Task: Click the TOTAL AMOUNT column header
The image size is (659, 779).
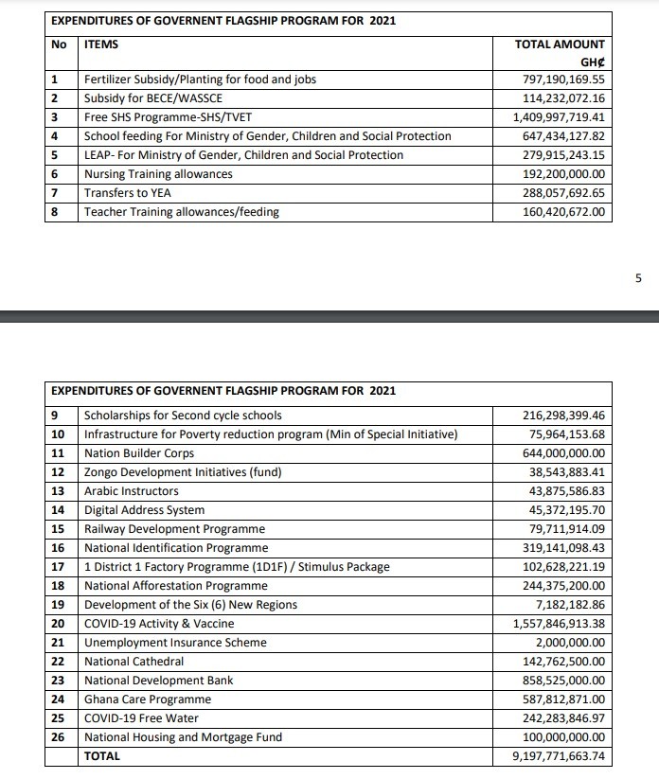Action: [x=559, y=44]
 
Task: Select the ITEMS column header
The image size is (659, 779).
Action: [x=101, y=44]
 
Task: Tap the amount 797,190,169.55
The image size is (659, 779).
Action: [x=564, y=80]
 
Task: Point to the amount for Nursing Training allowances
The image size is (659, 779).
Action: [x=564, y=174]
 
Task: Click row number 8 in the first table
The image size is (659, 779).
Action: [x=56, y=212]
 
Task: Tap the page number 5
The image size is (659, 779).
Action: [x=638, y=278]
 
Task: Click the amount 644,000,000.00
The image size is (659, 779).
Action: [x=564, y=453]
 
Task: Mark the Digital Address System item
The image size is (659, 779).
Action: [x=144, y=510]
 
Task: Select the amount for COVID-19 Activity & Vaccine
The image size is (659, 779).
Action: [x=559, y=624]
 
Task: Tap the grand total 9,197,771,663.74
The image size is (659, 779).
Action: [x=559, y=756]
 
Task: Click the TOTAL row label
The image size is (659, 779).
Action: [x=102, y=756]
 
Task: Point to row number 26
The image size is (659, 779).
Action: [x=58, y=737]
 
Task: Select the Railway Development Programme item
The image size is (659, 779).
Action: [x=174, y=529]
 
